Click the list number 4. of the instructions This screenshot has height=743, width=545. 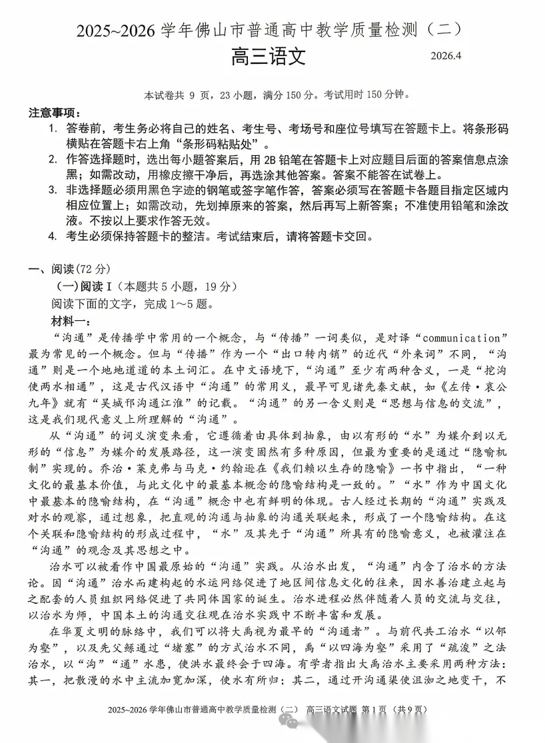click(53, 236)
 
